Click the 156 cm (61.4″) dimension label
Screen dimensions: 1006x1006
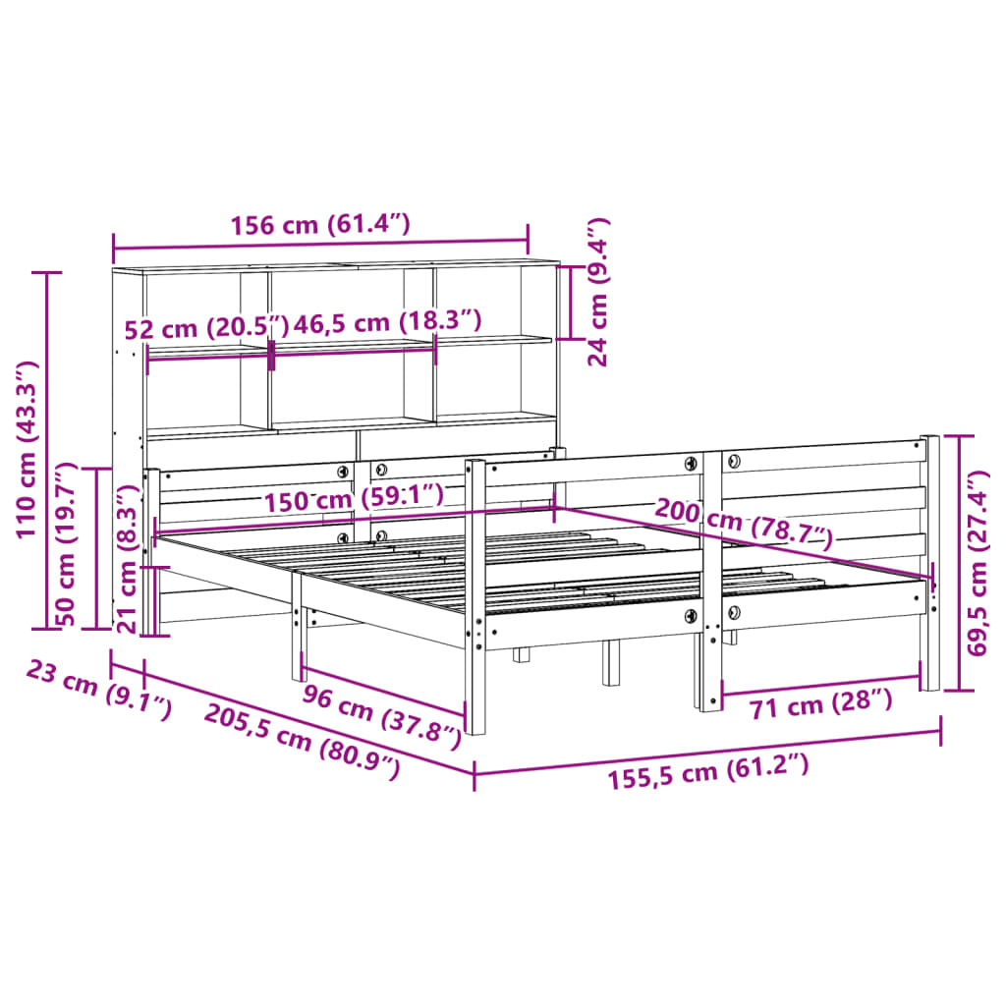point(319,225)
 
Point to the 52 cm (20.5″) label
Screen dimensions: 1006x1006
point(207,326)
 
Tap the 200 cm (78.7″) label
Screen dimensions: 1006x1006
point(744,522)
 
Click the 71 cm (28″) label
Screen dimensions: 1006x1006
point(820,703)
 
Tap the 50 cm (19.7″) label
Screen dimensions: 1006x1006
point(67,544)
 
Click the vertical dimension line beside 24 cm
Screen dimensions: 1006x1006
point(571,302)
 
